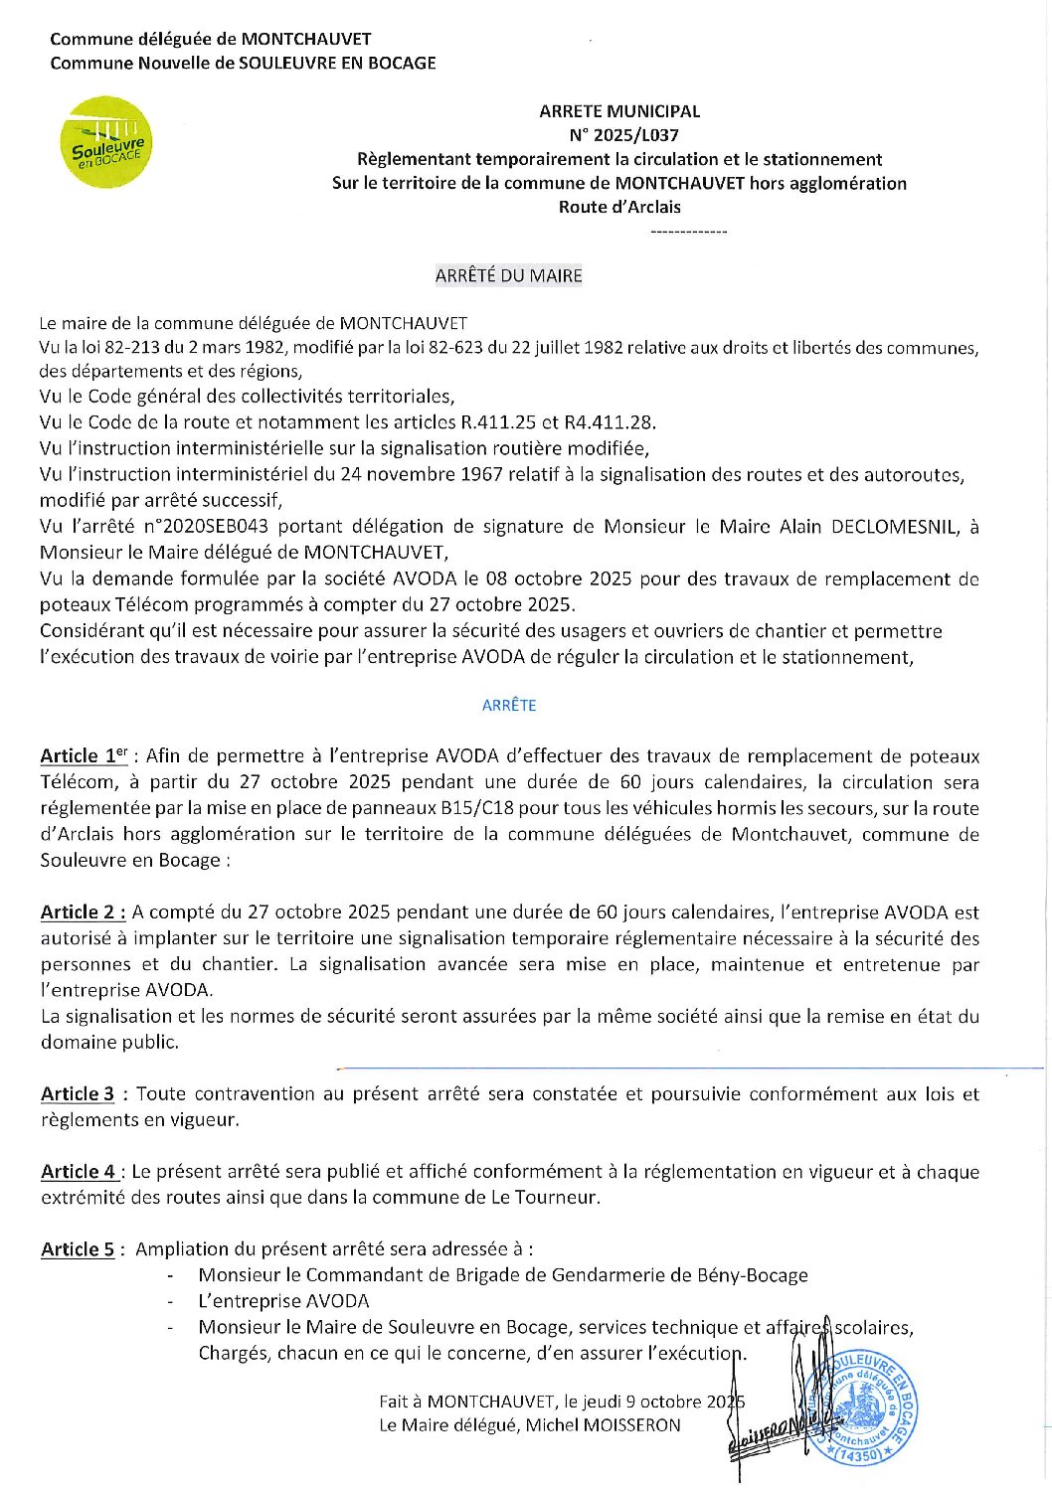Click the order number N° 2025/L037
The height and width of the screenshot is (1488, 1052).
click(622, 135)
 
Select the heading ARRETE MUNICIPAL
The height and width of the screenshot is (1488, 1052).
click(619, 111)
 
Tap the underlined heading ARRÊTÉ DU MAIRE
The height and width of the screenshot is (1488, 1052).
click(508, 276)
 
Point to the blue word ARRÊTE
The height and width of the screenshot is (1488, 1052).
click(509, 706)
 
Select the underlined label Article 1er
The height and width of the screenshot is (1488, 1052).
click(84, 756)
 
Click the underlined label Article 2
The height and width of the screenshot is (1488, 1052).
click(83, 912)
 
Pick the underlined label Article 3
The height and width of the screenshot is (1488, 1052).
click(78, 1094)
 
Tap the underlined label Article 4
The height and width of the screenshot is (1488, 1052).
click(79, 1172)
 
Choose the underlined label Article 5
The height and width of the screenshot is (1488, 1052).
click(78, 1249)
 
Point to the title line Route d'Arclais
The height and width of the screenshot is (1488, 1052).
click(619, 207)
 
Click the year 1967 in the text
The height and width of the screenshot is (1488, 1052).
click(482, 475)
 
